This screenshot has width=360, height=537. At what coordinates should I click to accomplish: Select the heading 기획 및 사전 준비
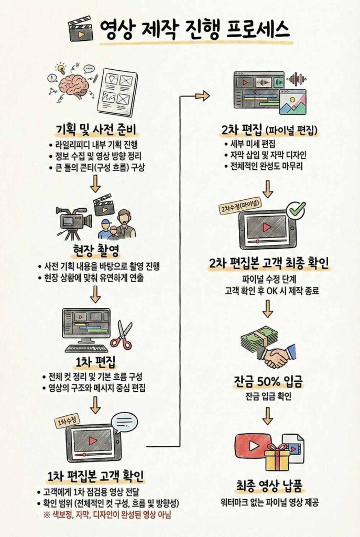[x=96, y=130]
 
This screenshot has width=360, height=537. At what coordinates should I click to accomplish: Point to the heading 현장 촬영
[x=96, y=251]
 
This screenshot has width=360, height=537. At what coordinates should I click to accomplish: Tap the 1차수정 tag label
[x=67, y=422]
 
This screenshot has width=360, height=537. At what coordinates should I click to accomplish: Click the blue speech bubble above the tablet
[x=124, y=422]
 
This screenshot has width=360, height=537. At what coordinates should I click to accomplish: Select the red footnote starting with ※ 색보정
[x=107, y=515]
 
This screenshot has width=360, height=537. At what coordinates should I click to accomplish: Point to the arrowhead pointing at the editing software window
[x=205, y=96]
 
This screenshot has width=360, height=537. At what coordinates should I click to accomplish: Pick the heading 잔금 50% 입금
[x=269, y=382]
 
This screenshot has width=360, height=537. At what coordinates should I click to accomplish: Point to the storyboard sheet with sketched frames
[x=117, y=90]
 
